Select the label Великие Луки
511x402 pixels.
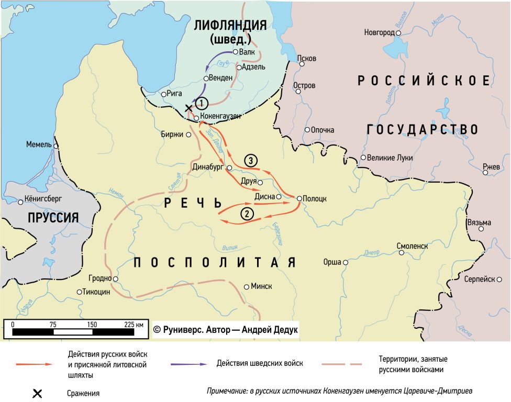(390, 158)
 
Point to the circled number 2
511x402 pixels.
(247, 213)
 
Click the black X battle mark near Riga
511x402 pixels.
(190, 108)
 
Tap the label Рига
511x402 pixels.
(175, 94)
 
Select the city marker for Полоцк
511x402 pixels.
(299, 198)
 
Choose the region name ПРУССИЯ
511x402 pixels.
(53, 218)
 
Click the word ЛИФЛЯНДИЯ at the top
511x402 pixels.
(230, 25)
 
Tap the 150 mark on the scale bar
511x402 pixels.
(92, 325)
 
